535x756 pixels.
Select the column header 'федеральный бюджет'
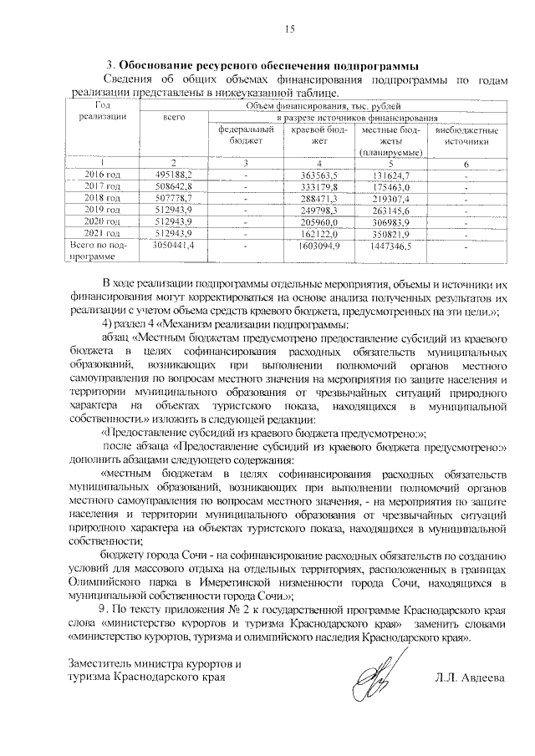click(246, 136)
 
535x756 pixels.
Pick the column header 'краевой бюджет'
click(321, 136)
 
